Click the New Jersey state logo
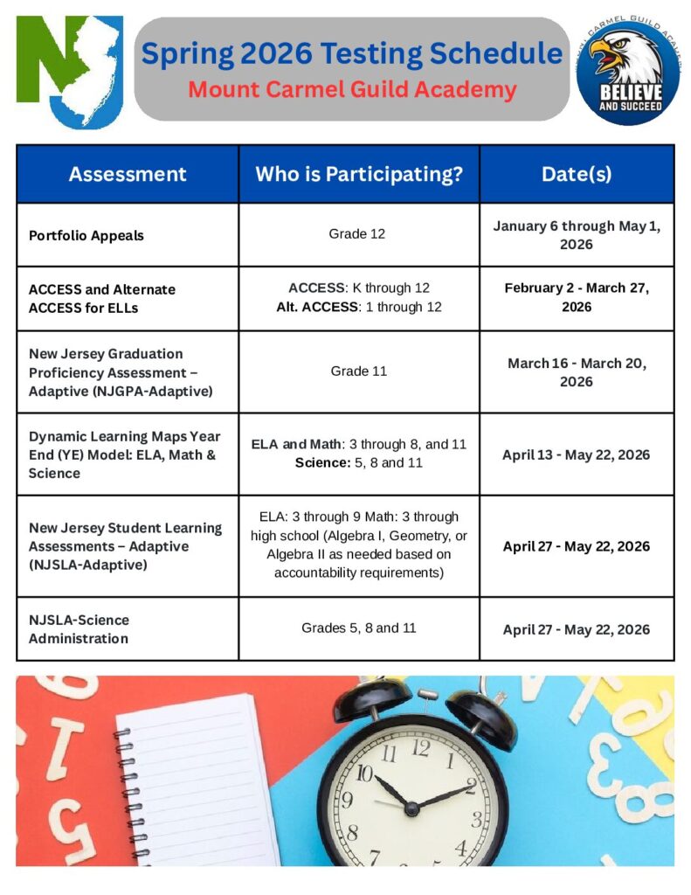click(x=69, y=70)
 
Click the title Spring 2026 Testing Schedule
click(x=352, y=53)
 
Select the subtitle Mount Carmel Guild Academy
click(x=352, y=89)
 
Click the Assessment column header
click(x=128, y=174)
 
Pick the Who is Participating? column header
click(x=359, y=174)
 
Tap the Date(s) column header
click(x=577, y=174)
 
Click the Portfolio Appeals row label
click(x=86, y=235)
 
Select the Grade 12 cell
click(x=357, y=233)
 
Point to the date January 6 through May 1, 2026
click(x=577, y=234)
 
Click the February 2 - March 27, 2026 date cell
click(x=577, y=297)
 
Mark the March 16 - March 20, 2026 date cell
click(x=577, y=371)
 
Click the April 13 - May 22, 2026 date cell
click(x=577, y=454)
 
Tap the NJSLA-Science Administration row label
click(x=79, y=628)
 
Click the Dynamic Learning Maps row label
click(x=124, y=454)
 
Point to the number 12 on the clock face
click(x=420, y=746)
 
